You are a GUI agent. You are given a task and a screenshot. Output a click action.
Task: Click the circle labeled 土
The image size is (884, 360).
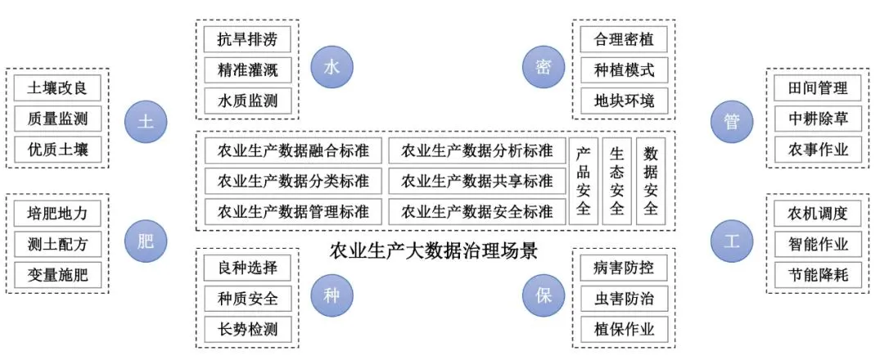click(146, 122)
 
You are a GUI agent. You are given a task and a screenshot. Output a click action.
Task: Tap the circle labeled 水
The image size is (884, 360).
click(331, 67)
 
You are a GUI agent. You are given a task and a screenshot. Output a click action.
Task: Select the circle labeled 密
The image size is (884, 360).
click(543, 67)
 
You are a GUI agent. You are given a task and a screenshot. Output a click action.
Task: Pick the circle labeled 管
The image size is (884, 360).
click(731, 122)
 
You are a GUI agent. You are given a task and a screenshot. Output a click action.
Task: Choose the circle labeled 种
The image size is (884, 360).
click(331, 295)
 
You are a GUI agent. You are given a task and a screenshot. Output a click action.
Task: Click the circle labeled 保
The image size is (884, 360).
click(543, 295)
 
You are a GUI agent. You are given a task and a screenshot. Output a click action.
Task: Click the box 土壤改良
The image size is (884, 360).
click(57, 88)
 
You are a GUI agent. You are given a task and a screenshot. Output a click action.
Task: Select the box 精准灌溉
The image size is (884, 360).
click(248, 70)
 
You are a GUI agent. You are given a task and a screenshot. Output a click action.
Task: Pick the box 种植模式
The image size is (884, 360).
click(624, 70)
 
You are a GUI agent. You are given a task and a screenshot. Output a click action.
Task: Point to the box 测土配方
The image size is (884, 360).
click(57, 244)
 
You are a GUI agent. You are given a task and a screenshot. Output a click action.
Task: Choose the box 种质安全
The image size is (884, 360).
click(248, 298)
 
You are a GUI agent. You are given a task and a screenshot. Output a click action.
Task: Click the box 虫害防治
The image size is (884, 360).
click(624, 298)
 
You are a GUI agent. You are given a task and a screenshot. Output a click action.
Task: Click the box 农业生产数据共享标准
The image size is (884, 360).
click(477, 181)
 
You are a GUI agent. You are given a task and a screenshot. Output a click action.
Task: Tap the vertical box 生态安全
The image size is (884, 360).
click(617, 181)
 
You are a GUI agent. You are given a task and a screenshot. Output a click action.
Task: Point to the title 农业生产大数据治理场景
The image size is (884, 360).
click(434, 250)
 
